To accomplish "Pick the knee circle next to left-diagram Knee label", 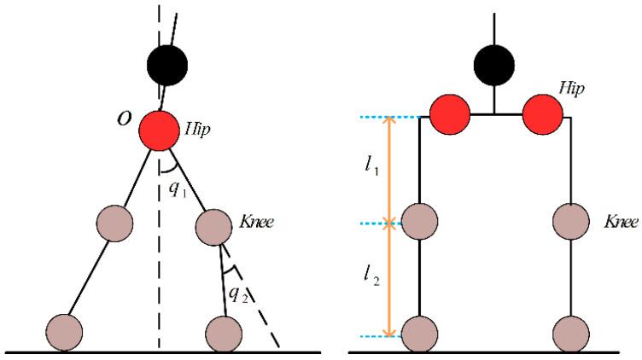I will (x=214, y=226).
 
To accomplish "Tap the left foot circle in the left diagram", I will (x=64, y=332).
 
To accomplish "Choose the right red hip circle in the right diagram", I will (x=543, y=114).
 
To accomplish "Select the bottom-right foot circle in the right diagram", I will (x=571, y=333).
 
